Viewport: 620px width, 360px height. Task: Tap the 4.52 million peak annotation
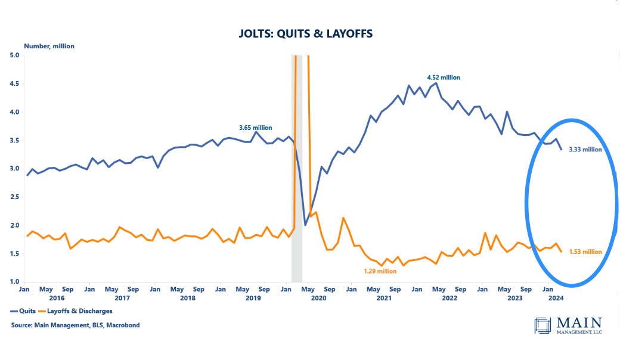[443, 77]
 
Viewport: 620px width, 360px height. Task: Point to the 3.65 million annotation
[255, 128]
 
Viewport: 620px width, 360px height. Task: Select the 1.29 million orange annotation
[380, 271]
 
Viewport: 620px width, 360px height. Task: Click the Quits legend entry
[22, 311]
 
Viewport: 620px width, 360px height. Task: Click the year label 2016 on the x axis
[57, 297]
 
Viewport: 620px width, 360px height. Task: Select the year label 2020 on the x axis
[319, 297]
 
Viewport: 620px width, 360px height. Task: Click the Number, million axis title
[49, 46]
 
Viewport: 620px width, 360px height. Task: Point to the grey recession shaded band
[296, 179]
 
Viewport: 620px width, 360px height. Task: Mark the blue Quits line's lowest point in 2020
[305, 225]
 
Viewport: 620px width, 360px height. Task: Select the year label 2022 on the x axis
[450, 297]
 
